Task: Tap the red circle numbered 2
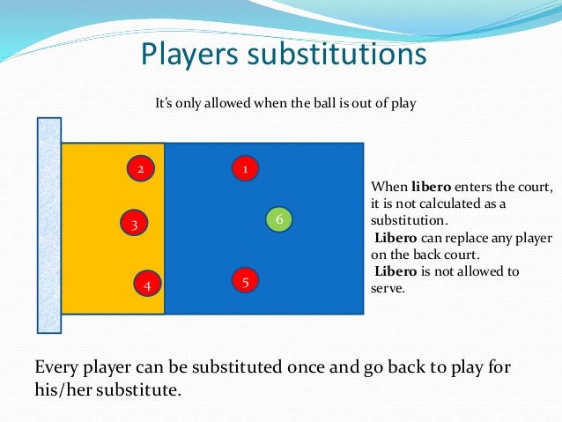click(139, 167)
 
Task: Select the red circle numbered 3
click(133, 224)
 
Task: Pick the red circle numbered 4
click(147, 285)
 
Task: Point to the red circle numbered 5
click(245, 281)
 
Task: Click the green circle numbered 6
click(277, 218)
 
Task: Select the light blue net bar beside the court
click(48, 225)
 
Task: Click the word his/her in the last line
click(63, 387)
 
